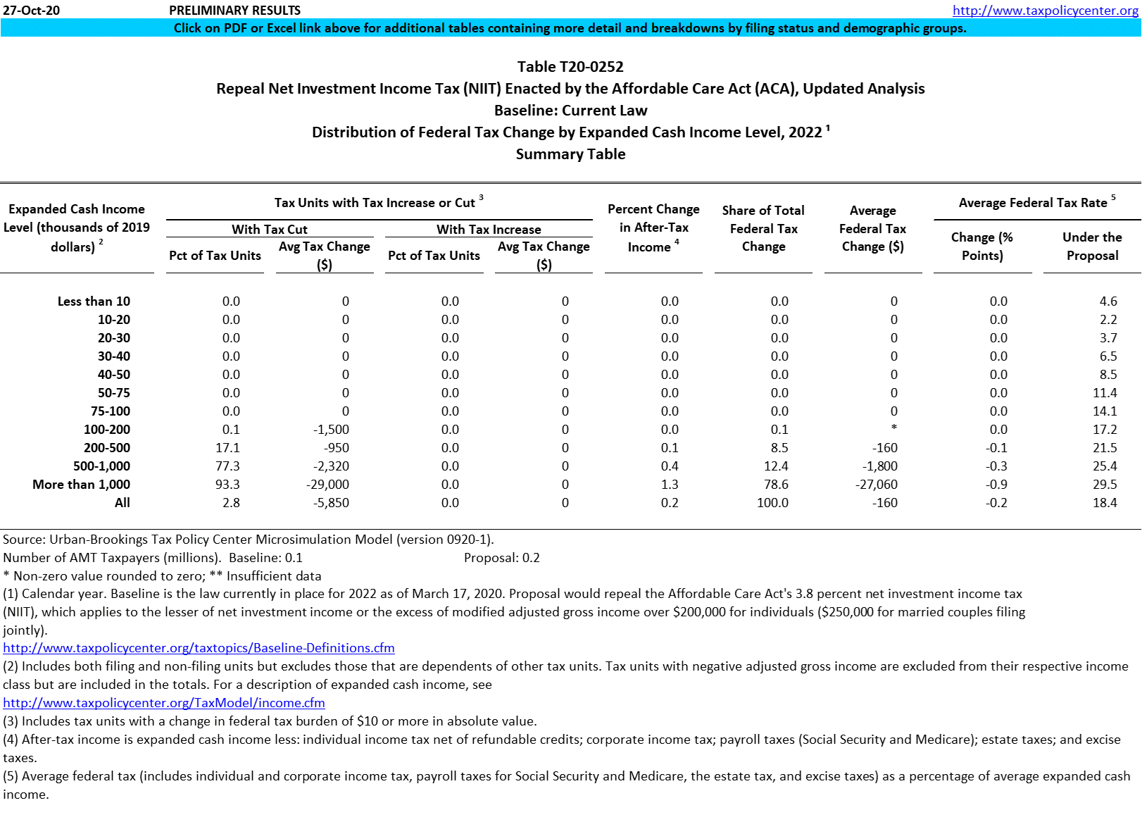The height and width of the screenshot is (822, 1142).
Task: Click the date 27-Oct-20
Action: [32, 11]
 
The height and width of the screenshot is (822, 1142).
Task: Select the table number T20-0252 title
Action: [570, 67]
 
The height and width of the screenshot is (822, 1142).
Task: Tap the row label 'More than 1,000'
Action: [81, 485]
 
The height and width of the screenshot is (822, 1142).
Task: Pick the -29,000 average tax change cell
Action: [327, 485]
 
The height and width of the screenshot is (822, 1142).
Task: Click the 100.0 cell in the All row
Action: [772, 503]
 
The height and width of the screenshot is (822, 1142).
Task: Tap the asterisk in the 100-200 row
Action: [893, 428]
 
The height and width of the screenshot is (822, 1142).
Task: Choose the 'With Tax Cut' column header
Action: [270, 230]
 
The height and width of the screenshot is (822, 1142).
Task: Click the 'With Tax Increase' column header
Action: [489, 230]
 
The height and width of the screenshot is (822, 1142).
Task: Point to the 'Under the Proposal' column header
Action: [1092, 247]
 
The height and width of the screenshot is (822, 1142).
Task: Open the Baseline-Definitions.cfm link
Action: [199, 648]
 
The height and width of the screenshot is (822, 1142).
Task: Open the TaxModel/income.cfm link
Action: [164, 703]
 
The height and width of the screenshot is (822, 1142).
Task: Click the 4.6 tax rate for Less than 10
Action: [1108, 301]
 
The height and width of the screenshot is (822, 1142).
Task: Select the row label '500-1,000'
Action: [101, 466]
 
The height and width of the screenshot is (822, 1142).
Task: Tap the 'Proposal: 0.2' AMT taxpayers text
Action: [502, 558]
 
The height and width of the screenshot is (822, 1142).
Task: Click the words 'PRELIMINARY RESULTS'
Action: [235, 11]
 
